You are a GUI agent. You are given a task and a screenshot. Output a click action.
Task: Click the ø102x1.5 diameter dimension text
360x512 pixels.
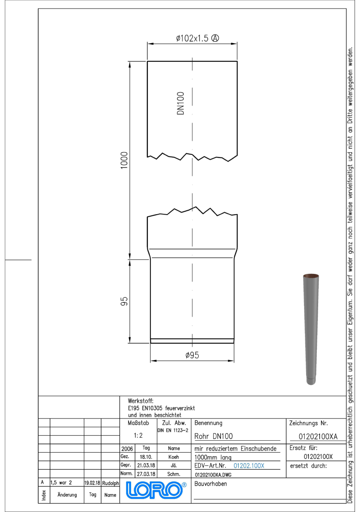[x=192, y=38]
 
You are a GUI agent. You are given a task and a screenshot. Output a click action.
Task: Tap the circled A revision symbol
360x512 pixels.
[x=215, y=38]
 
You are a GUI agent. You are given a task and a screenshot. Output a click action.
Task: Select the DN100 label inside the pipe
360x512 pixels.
[x=181, y=103]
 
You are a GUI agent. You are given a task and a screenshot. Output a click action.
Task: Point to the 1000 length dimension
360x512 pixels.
[x=124, y=160]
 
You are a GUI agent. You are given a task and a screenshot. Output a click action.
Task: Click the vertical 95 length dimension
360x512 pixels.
[x=124, y=301]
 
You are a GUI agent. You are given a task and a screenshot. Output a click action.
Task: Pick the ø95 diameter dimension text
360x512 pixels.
[x=192, y=355]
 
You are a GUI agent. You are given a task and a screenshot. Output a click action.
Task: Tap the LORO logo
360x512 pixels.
[x=156, y=490]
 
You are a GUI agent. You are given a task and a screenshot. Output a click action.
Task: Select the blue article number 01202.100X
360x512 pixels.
[x=249, y=465]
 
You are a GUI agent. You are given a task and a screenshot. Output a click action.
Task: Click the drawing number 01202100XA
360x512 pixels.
[x=318, y=436]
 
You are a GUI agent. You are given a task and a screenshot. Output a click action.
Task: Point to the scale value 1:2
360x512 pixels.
[x=138, y=436]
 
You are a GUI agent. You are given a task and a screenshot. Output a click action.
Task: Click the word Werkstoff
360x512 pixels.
[x=140, y=401]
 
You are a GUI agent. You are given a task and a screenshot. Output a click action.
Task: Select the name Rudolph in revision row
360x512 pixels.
[x=111, y=483]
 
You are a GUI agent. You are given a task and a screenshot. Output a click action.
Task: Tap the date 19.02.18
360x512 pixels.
[x=92, y=483]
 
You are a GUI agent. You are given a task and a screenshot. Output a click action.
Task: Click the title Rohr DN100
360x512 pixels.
[x=214, y=436]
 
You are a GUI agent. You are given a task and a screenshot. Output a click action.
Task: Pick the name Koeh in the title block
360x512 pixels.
[x=174, y=457]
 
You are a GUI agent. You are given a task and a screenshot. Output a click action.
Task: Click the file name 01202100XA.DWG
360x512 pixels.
[x=213, y=475]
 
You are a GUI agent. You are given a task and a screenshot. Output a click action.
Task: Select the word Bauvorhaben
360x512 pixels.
[x=211, y=484]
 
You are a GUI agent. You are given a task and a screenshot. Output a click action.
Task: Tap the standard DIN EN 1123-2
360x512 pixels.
[x=173, y=431]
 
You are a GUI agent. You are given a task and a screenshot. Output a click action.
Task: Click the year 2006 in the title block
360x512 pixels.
[x=127, y=449]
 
